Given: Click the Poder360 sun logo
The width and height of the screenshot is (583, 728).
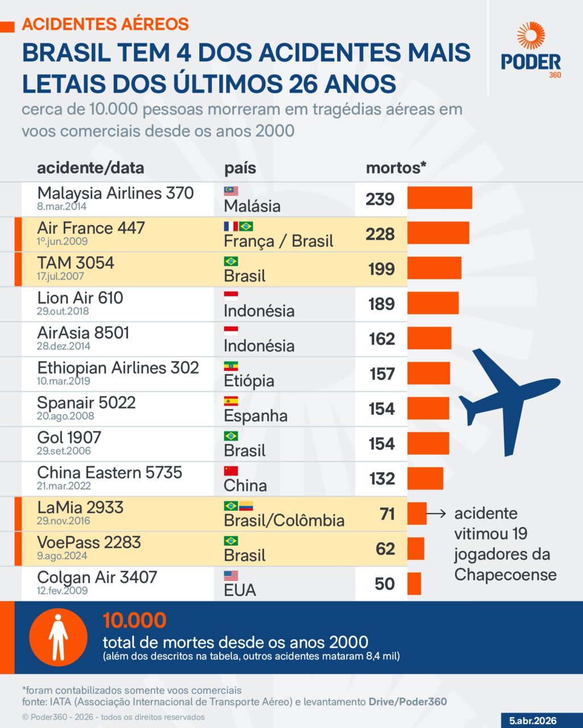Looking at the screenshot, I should (x=531, y=35).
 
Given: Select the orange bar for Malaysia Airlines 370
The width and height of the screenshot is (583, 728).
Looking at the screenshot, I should (x=440, y=198).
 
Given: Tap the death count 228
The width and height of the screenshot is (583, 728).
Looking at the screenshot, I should (x=380, y=234).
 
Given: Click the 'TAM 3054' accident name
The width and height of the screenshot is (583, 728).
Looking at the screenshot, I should (x=76, y=263).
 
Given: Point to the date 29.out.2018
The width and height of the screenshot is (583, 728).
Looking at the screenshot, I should (x=64, y=311).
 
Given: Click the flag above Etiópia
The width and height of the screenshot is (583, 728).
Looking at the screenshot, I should (x=231, y=366).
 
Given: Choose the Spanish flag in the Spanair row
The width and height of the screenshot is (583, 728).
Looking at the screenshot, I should (x=231, y=401).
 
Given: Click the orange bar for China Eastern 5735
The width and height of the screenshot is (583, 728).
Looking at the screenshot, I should (x=425, y=478).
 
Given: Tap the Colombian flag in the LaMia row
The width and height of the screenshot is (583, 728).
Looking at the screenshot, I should (x=245, y=506).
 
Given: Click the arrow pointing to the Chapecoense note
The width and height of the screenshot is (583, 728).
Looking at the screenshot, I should (x=436, y=514).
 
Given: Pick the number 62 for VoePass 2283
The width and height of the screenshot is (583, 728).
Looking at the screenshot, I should (x=385, y=548).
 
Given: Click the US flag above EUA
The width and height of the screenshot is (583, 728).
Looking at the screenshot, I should (x=231, y=576).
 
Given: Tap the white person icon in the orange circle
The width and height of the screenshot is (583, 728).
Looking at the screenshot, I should (x=58, y=638).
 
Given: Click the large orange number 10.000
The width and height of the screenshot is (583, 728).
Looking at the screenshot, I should (x=134, y=620).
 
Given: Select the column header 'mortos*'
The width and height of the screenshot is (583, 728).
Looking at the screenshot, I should (x=396, y=168).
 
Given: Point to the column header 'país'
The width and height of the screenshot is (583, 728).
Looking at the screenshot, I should (x=240, y=168).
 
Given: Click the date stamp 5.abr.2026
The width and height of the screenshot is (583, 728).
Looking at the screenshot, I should (x=532, y=721).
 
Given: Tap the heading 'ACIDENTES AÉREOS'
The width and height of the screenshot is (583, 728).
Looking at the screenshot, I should (x=105, y=24).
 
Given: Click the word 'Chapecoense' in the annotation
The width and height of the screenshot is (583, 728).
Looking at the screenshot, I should (x=505, y=574).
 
